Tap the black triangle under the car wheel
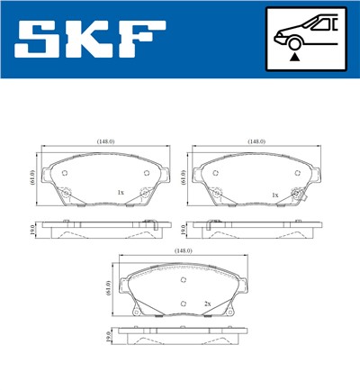(293, 56)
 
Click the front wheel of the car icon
(293, 41)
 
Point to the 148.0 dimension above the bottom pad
(184, 251)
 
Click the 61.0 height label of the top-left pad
(32, 177)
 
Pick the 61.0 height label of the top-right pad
(184, 177)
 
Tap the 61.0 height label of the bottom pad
(108, 288)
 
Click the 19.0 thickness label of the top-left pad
(33, 230)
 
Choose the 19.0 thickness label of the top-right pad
(184, 230)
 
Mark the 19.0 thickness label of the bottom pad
(108, 340)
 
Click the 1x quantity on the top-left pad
(121, 193)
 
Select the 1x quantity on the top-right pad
(274, 195)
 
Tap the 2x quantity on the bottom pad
(207, 304)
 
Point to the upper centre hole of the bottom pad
(184, 280)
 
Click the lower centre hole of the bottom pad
(184, 303)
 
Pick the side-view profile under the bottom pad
(184, 340)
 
